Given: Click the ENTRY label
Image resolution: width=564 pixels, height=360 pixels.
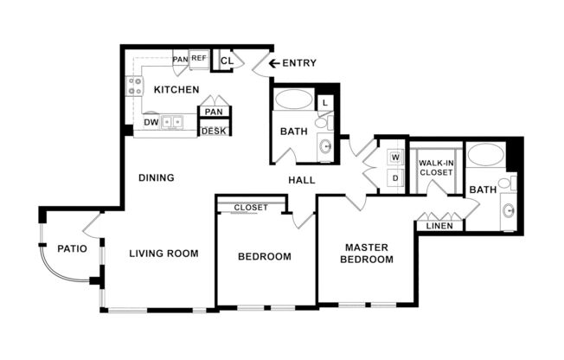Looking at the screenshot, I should tap(299, 63).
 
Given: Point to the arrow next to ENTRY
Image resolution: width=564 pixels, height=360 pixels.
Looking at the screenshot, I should tap(274, 63).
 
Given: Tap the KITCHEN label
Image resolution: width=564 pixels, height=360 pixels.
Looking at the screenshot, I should tap(176, 89).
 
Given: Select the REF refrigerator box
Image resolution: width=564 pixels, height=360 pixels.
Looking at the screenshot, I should tap(199, 58).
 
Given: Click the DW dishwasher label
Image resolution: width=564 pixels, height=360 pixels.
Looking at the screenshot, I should tap(151, 122).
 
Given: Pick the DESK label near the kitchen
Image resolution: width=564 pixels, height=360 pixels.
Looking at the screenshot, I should tap(214, 131).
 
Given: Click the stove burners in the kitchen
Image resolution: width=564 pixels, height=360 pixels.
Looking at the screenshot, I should tap(136, 85).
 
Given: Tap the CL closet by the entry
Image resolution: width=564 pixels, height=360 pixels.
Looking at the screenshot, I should tap(227, 61).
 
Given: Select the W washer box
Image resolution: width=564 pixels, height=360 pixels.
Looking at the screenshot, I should tap(395, 157).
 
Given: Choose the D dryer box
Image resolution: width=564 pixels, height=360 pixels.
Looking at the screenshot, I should tap(395, 177).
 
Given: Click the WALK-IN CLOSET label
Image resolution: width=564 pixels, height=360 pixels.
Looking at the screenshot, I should tap(436, 167).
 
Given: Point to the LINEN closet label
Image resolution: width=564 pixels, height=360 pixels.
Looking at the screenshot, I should tap(439, 226).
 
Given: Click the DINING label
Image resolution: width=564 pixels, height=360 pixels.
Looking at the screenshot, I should tap(157, 177).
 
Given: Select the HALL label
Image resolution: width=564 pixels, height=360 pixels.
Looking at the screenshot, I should tap(301, 180).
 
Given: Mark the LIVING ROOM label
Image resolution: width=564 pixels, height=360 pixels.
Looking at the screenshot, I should tap(163, 254).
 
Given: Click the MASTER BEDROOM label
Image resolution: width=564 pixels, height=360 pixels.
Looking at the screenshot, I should tap(366, 253).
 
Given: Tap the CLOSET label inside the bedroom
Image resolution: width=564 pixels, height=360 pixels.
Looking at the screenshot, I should tap(251, 208).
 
